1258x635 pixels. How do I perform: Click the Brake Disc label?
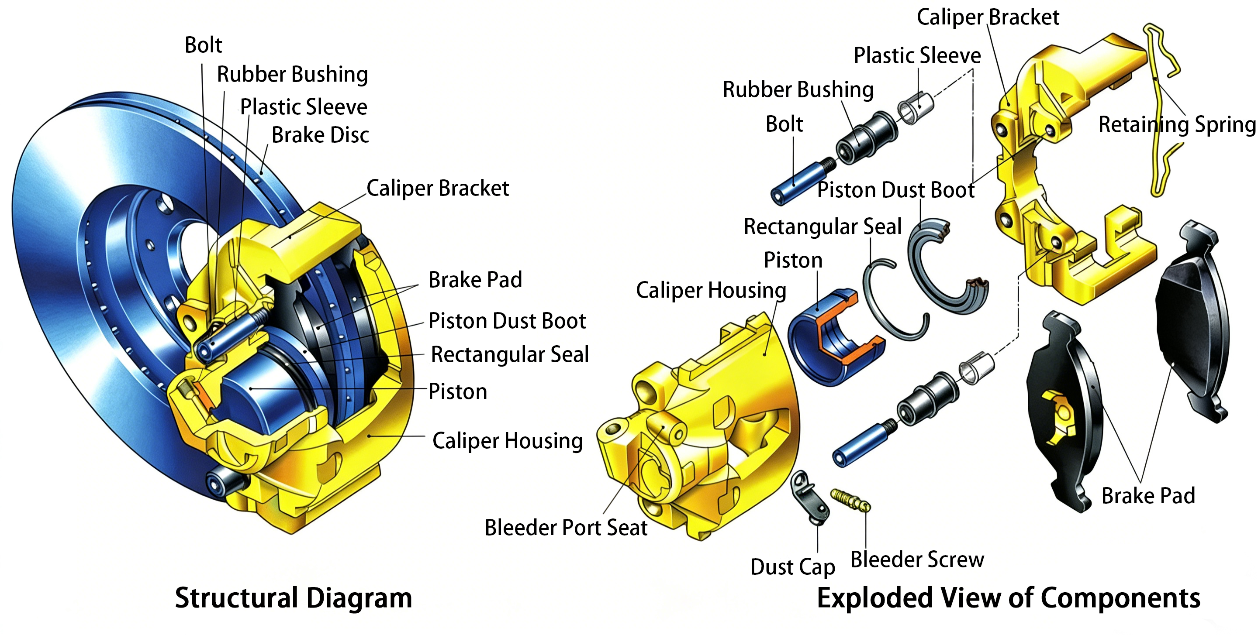pos(320,135)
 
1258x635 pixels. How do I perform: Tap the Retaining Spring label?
pos(1176,125)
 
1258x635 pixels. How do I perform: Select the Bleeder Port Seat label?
pos(566,528)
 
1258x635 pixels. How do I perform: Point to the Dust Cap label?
pos(792,567)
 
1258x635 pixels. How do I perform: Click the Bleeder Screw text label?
pos(917,559)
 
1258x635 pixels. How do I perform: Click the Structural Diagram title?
pos(294,598)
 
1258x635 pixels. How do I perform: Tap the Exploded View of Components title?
pos(1008,598)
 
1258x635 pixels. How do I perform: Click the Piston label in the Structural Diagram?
pos(458,391)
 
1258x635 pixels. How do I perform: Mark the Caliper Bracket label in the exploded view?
pos(988,17)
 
